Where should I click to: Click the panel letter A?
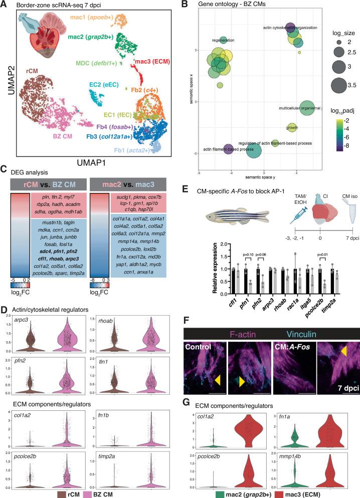coord(6,6)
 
